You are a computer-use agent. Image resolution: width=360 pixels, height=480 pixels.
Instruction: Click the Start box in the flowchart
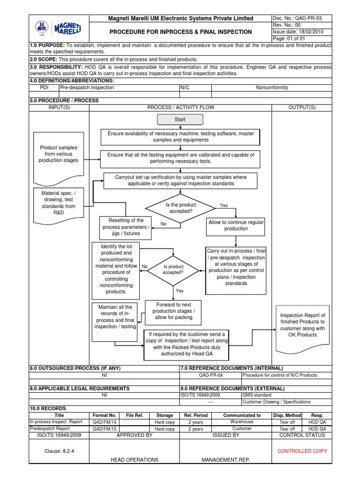pyautogui.click(x=180, y=120)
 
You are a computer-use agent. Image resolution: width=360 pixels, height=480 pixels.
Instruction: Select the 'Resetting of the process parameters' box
pyautogui.click(x=126, y=227)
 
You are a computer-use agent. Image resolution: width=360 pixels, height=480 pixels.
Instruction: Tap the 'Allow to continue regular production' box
pyautogui.click(x=236, y=225)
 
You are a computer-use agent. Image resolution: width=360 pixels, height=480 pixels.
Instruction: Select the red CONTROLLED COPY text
pyautogui.click(x=302, y=450)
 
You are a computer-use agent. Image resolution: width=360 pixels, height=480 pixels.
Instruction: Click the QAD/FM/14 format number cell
pyautogui.click(x=105, y=422)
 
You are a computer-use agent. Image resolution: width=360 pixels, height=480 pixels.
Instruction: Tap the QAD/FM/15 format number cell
pyautogui.click(x=105, y=428)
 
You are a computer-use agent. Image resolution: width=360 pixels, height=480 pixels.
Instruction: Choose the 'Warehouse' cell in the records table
pyautogui.click(x=242, y=422)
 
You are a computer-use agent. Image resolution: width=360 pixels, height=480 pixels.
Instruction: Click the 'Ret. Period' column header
pyautogui.click(x=195, y=415)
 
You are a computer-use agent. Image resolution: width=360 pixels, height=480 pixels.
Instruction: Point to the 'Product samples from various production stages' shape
pyautogui.click(x=56, y=154)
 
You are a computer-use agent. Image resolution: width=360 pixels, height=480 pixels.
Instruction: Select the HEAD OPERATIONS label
pyautogui.click(x=135, y=460)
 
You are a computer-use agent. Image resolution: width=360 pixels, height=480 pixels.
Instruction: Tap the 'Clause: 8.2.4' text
pyautogui.click(x=59, y=450)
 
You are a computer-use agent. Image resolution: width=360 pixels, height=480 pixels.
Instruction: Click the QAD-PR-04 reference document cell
pyautogui.click(x=210, y=375)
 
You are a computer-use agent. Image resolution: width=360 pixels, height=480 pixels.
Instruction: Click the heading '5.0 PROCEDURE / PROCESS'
pyautogui.click(x=64, y=100)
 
